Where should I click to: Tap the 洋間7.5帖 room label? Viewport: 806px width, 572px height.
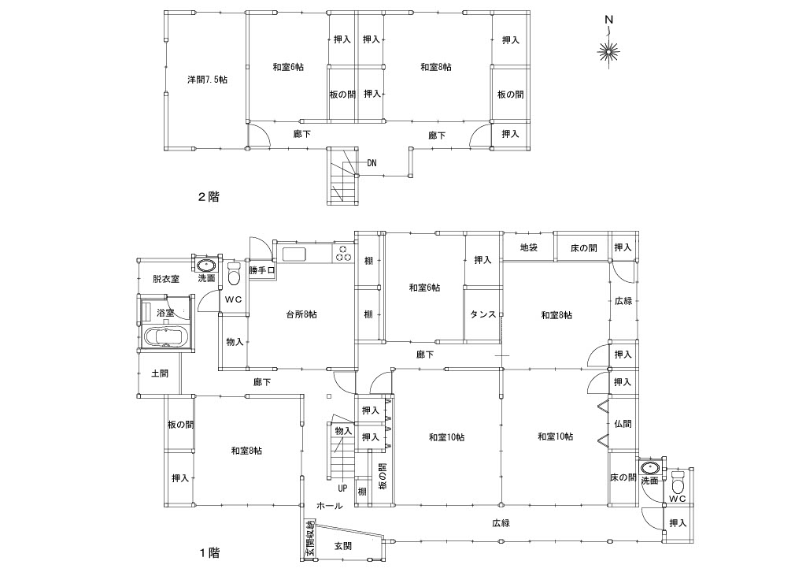tap(207, 80)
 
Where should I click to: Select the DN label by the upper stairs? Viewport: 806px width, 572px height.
tap(372, 163)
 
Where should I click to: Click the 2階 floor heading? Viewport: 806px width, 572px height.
tap(209, 196)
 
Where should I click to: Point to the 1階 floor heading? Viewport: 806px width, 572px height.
tap(209, 553)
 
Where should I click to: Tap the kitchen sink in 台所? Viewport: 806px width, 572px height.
tap(294, 254)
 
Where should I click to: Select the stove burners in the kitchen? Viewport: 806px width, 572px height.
tap(343, 254)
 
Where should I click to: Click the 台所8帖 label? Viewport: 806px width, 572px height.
tap(301, 314)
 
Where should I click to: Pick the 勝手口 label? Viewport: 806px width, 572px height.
tap(262, 270)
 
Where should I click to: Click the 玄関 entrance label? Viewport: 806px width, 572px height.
tap(343, 546)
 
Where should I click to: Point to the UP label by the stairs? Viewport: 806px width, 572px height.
tap(342, 488)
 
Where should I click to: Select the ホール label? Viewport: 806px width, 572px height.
tap(330, 506)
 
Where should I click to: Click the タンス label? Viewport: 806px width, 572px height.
tap(482, 315)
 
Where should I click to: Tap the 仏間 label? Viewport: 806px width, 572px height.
tap(623, 424)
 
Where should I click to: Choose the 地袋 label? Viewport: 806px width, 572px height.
tap(528, 247)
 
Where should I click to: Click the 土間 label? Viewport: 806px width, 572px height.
tap(160, 373)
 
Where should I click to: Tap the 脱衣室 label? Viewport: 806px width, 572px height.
tap(166, 279)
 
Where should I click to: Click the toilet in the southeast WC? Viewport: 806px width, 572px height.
tap(678, 482)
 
